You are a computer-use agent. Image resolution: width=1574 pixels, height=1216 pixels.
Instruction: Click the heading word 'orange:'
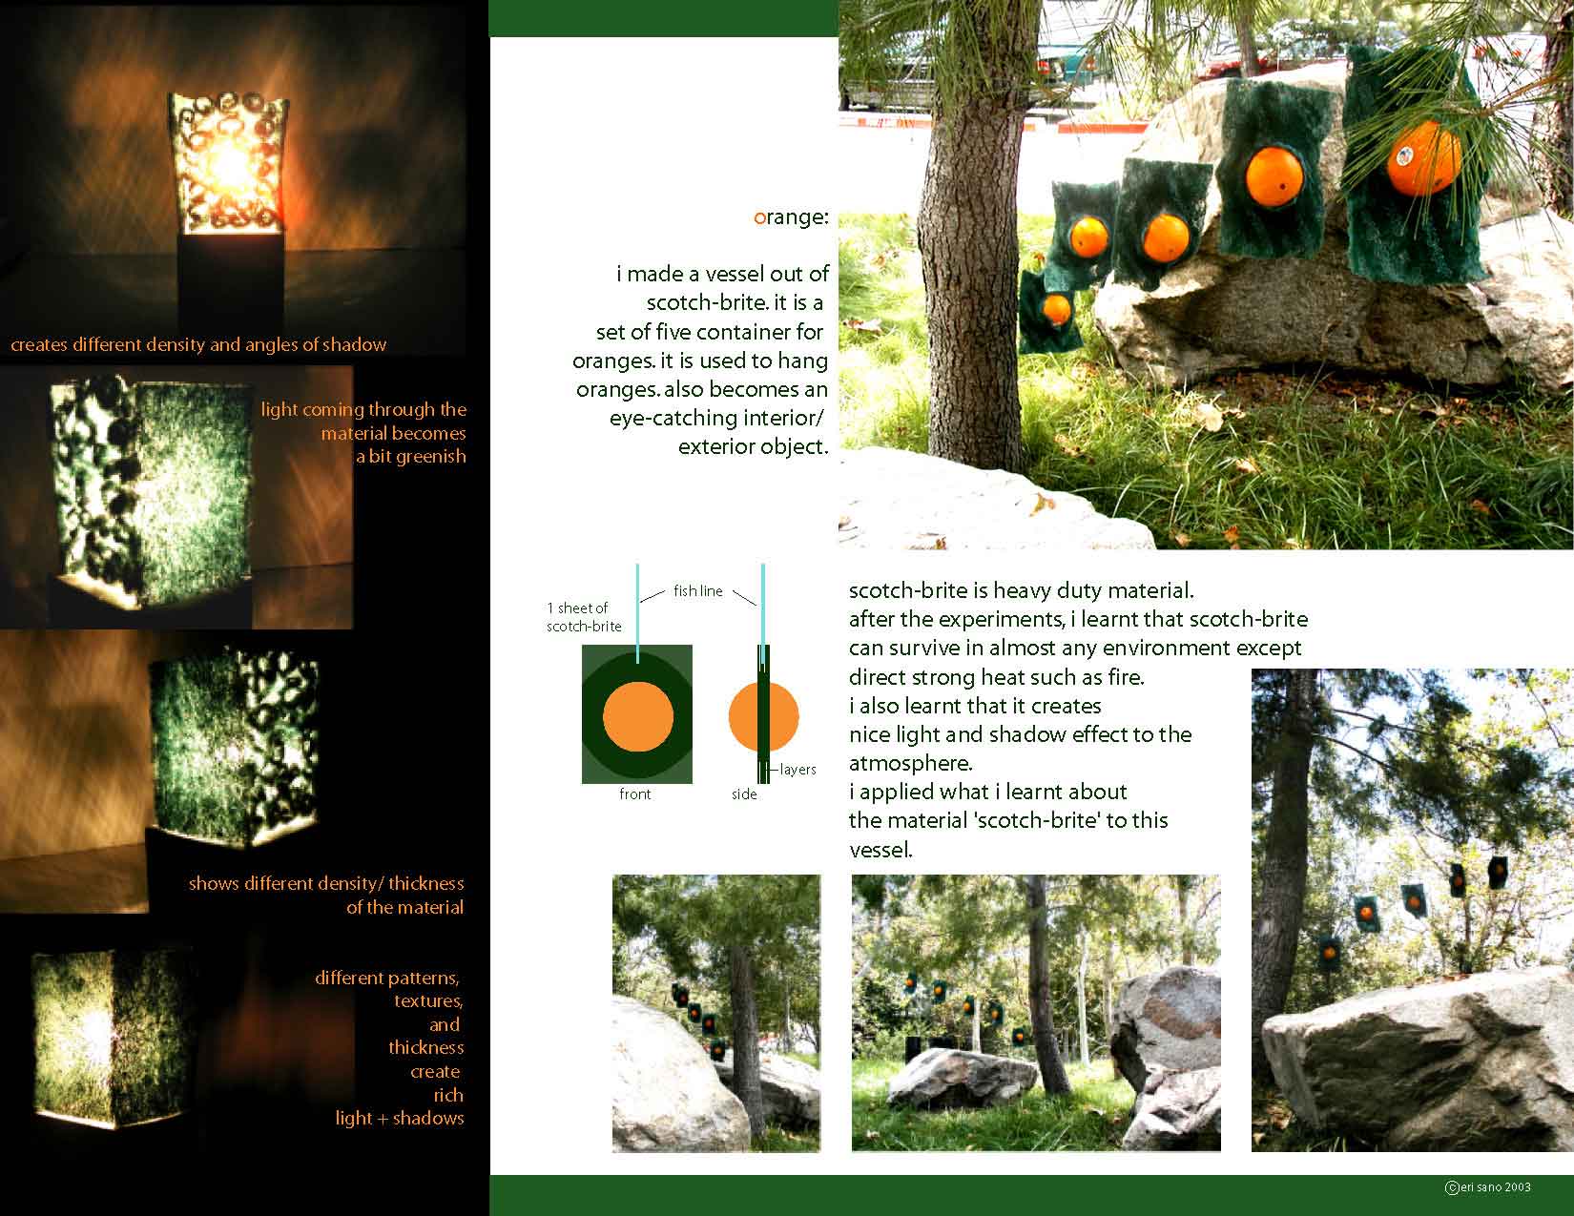(791, 217)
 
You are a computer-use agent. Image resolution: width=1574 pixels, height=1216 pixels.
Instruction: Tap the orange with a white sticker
(1424, 158)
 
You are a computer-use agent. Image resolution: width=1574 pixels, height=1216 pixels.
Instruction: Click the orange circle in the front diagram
(637, 716)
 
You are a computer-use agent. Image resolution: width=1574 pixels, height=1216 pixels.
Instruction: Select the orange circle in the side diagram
(763, 716)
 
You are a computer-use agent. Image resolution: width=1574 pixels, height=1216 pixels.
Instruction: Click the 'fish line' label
(697, 591)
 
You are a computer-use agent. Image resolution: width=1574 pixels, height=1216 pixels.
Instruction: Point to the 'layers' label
(798, 769)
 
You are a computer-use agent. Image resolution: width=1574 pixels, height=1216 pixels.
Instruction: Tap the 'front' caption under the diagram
(634, 793)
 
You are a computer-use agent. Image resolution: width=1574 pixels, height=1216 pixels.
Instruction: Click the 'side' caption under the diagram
(744, 793)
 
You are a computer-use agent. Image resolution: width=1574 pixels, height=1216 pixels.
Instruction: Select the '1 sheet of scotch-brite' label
(584, 617)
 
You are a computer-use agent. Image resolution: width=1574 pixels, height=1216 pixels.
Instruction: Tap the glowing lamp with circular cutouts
(227, 164)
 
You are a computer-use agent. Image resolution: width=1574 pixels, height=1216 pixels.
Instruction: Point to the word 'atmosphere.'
(910, 763)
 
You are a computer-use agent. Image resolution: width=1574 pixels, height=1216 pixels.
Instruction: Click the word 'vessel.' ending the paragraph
(880, 850)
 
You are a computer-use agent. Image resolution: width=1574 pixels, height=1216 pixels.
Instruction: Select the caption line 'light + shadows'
(399, 1118)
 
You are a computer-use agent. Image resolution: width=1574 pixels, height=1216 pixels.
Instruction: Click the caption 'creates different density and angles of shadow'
(198, 344)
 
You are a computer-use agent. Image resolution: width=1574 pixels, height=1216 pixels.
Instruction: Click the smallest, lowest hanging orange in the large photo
(1057, 309)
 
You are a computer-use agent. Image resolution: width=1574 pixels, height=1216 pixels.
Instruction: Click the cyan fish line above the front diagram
(637, 612)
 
